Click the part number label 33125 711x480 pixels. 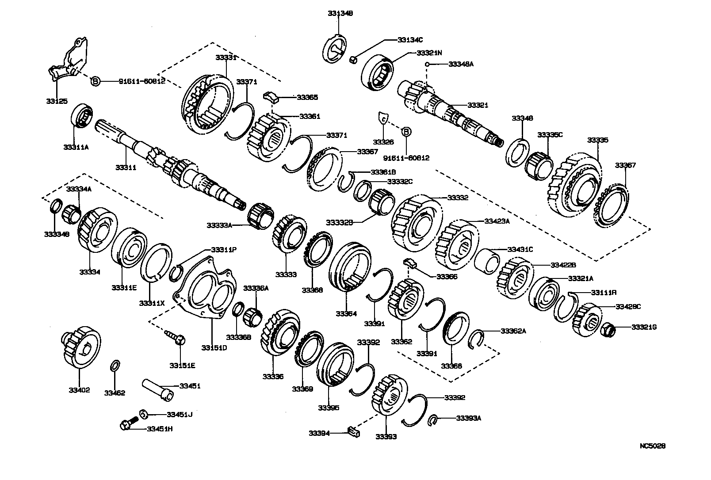[x=56, y=101]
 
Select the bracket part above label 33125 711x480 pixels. [x=69, y=62]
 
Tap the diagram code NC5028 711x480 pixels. [x=652, y=446]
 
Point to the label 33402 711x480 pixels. [x=79, y=390]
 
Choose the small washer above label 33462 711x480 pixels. [x=114, y=366]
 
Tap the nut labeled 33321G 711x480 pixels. [x=608, y=329]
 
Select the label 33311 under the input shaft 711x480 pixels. [x=126, y=168]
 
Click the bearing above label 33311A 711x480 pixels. [x=81, y=117]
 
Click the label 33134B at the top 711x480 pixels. [x=340, y=14]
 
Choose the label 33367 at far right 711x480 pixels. [x=625, y=165]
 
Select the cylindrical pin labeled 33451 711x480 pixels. [x=157, y=390]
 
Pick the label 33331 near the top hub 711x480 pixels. [x=226, y=57]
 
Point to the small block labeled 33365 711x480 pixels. [x=271, y=96]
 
